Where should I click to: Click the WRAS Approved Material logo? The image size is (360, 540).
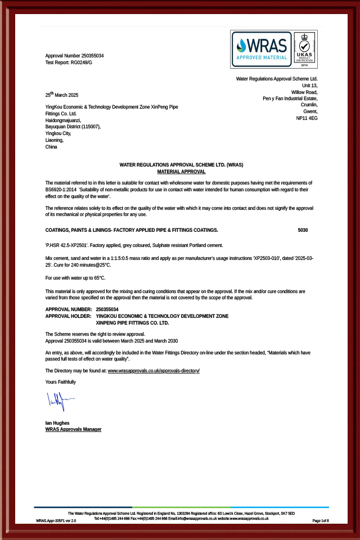262,49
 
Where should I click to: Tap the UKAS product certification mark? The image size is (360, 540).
304,49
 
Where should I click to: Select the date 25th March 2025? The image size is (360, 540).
61,94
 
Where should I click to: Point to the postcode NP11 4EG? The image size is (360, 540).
307,119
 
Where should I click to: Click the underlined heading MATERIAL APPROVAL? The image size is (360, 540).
181,171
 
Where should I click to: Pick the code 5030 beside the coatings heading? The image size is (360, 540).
303,230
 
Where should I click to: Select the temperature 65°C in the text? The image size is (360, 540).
98,278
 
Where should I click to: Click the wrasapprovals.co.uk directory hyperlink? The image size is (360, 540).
154,371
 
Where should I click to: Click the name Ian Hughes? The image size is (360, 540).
57,422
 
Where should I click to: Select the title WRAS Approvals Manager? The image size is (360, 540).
73,429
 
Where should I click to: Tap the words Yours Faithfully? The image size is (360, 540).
60,382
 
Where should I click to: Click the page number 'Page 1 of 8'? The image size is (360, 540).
321,521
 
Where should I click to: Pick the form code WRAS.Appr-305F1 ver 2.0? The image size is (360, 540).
56,521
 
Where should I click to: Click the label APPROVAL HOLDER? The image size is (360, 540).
68,316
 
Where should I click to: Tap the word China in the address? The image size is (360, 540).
51,147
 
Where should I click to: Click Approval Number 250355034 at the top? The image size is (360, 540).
74,56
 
